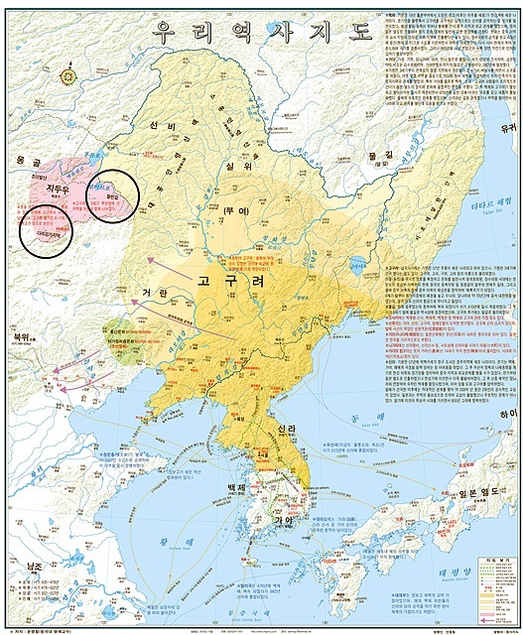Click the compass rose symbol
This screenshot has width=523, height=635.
68,73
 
